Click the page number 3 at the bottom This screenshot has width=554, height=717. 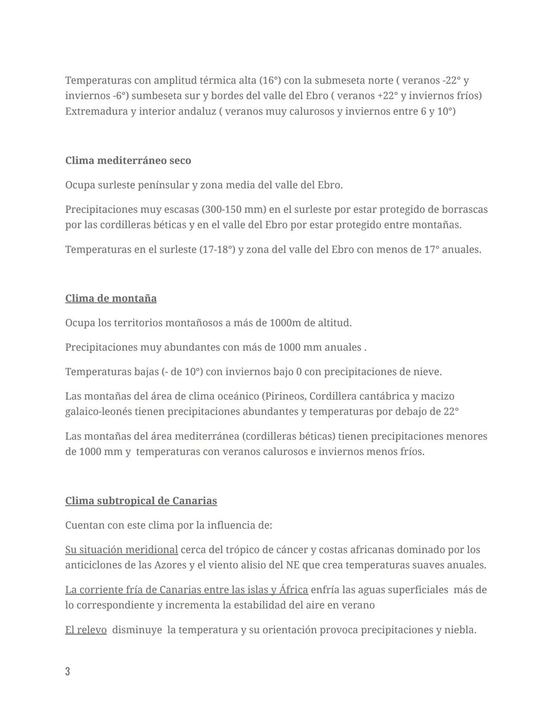click(68, 671)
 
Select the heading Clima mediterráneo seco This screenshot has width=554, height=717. click(128, 161)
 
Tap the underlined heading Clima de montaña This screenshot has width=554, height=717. click(111, 299)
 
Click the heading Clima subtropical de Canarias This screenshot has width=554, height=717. click(141, 501)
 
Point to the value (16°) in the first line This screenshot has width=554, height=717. click(270, 81)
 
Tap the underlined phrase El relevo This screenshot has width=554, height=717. click(86, 630)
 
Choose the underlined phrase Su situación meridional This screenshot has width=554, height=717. click(122, 550)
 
